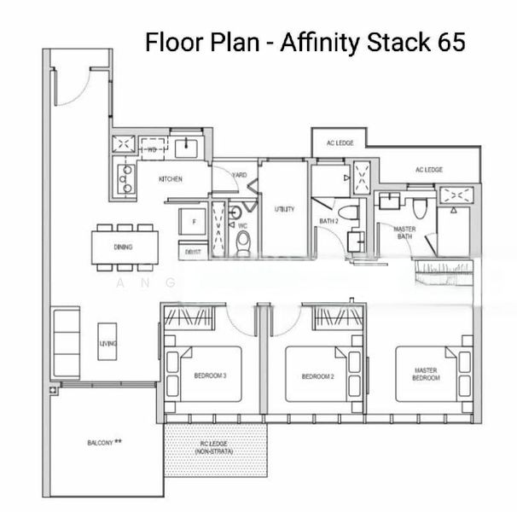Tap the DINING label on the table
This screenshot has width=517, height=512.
pos(123,247)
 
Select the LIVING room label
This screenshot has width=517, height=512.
pos(107,343)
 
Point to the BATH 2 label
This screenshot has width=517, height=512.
pos(330,223)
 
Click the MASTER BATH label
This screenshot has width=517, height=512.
pos(404,234)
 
